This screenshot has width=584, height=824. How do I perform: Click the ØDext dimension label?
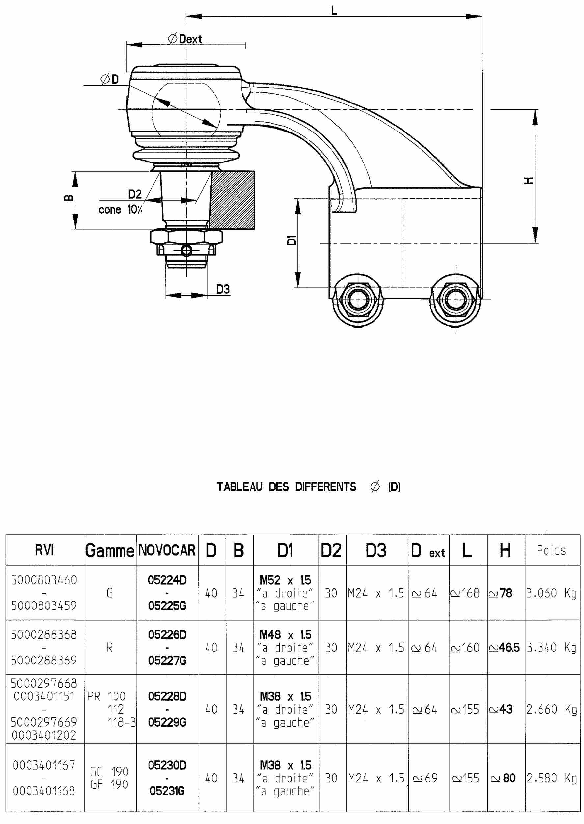click(x=185, y=39)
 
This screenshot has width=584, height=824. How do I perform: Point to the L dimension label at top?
click(x=334, y=10)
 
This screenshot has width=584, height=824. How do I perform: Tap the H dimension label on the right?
click(x=528, y=180)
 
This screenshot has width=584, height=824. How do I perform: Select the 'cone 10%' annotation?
click(x=120, y=209)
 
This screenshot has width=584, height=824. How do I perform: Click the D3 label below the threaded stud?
click(x=223, y=289)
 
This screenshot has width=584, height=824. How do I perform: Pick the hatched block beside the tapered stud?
click(x=233, y=200)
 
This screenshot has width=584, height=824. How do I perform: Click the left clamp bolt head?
click(x=358, y=299)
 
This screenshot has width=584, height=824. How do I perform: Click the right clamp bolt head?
click(x=456, y=299)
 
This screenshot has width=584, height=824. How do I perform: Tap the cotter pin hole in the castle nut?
click(x=186, y=250)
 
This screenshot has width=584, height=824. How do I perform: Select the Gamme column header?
click(x=110, y=550)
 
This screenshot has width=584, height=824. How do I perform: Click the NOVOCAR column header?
click(x=167, y=550)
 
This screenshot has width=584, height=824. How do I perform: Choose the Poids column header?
click(x=551, y=550)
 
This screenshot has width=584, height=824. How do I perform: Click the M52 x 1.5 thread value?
click(x=285, y=580)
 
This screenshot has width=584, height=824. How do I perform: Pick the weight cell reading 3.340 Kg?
click(x=552, y=648)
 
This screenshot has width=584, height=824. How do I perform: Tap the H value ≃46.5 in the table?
click(x=505, y=648)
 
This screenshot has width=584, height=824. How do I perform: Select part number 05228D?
click(x=167, y=696)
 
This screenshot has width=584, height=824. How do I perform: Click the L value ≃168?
click(x=465, y=593)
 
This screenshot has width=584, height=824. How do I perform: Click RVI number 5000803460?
click(x=44, y=580)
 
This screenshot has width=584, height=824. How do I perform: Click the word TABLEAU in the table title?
click(x=239, y=487)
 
